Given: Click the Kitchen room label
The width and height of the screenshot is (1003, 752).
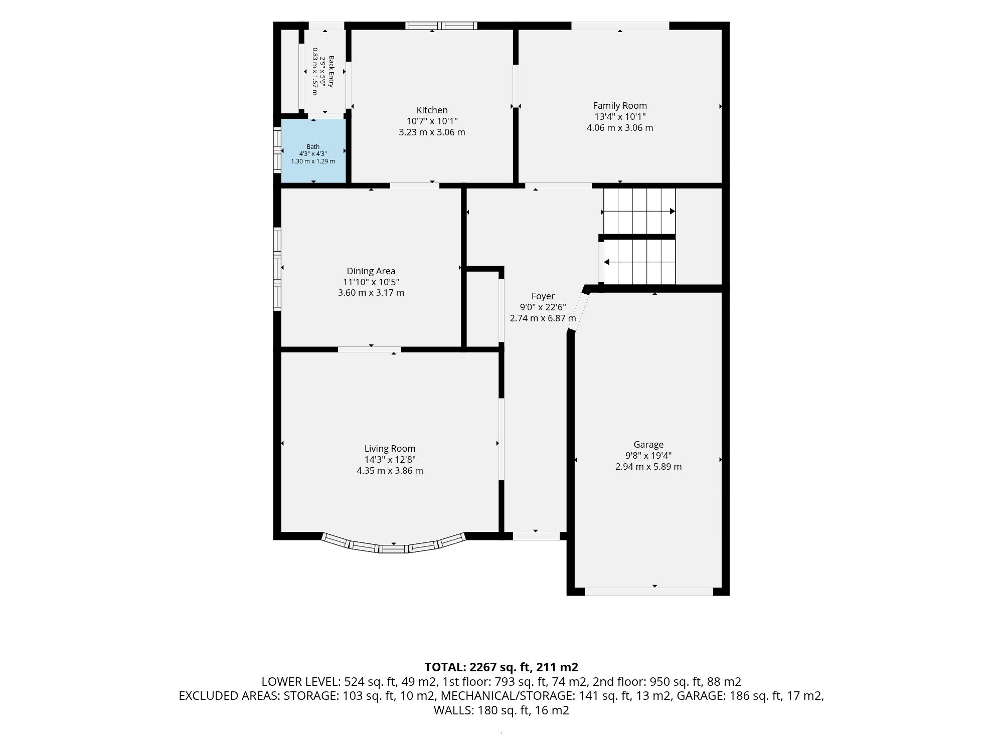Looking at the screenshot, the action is (432, 110).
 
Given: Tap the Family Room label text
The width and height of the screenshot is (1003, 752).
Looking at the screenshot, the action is (620, 106).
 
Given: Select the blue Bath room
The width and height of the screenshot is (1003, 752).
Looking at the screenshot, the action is (313, 151).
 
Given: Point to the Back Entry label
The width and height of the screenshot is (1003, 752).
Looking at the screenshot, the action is (331, 72).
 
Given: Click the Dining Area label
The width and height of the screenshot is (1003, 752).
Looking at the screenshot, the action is (371, 271).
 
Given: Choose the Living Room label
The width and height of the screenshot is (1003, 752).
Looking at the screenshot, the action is (390, 449).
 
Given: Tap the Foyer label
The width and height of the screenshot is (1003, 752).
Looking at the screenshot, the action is (543, 296).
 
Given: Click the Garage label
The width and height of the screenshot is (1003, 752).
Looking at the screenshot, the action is (648, 445).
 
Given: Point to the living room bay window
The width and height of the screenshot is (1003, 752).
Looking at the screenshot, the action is (394, 546).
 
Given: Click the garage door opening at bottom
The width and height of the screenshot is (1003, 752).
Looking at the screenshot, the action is (649, 592).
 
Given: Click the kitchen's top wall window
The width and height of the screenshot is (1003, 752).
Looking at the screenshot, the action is (441, 26).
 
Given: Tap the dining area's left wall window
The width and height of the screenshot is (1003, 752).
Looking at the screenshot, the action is (277, 269).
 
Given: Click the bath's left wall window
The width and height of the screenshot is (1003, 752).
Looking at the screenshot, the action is (277, 150).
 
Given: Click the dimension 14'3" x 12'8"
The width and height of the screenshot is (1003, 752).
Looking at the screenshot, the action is (390, 460).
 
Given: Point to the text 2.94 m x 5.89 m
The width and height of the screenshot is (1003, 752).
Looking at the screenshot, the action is (648, 467).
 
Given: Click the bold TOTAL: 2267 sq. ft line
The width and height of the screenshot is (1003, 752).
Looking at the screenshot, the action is (501, 667).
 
